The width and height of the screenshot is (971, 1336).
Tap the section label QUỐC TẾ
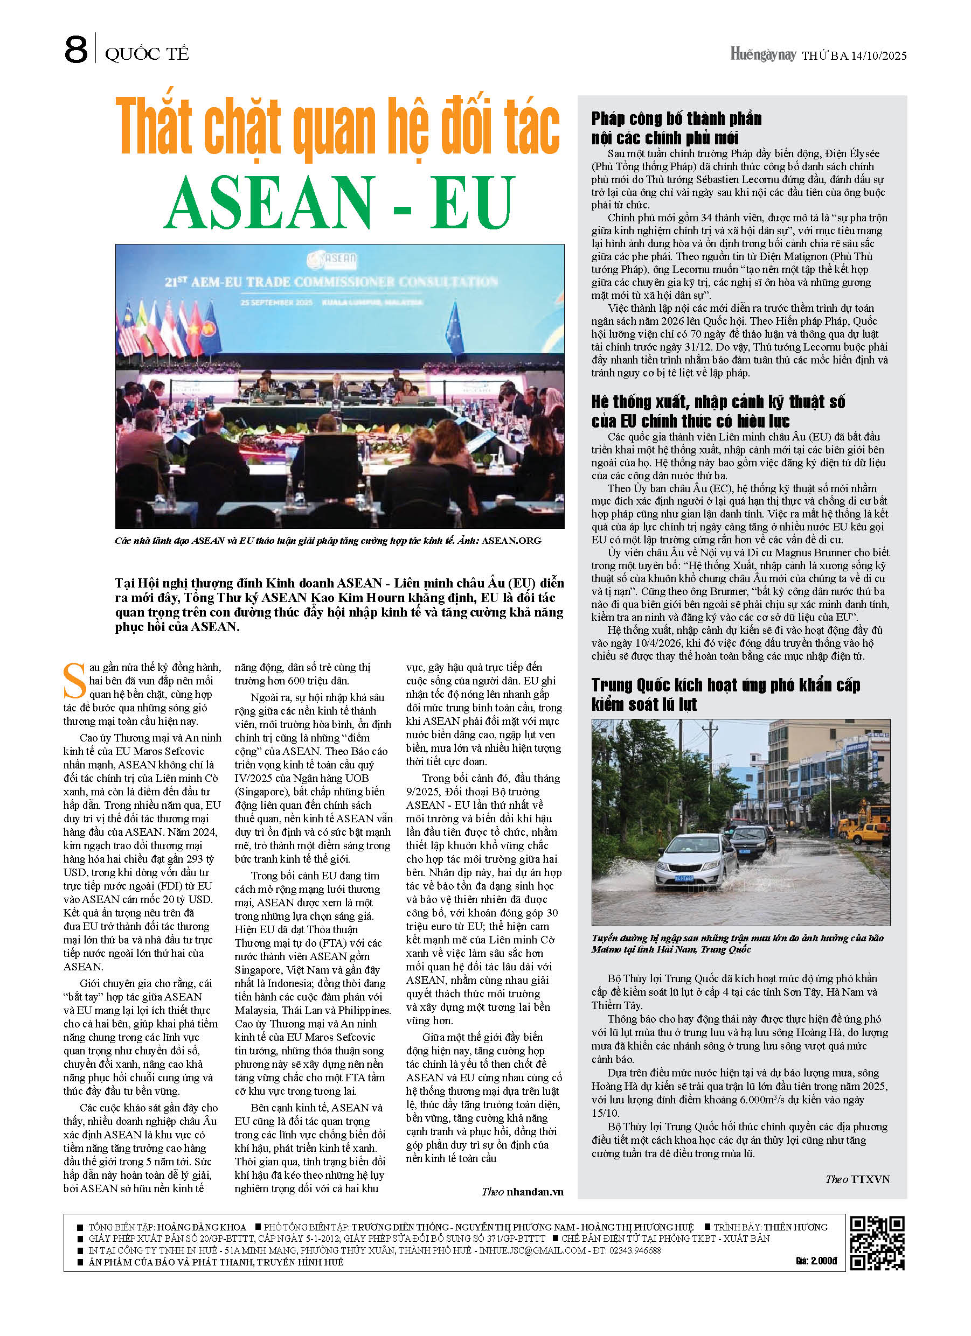point(147,54)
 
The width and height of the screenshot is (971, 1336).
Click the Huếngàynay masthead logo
point(763,55)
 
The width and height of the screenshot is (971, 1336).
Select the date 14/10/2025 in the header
point(878,56)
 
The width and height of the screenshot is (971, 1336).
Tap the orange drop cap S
point(74,682)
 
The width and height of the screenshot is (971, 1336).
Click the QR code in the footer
point(877,1243)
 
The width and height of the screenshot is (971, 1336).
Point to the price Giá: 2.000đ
point(816,1261)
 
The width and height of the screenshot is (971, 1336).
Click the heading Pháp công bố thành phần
point(676,118)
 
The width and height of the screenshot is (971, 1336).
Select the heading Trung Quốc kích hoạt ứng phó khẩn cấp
point(726,685)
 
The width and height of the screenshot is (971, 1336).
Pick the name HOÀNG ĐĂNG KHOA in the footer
point(202,1227)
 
